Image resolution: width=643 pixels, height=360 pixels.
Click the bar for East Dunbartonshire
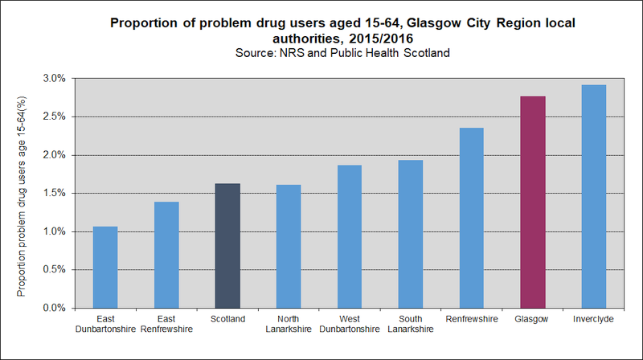[105, 267]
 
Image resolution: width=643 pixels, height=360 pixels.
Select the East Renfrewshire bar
[166, 255]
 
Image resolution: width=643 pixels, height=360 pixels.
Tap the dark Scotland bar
[227, 245]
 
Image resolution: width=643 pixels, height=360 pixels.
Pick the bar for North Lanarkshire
[289, 246]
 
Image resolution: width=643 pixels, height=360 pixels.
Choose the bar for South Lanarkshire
[411, 234]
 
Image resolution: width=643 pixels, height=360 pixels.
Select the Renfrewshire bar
[472, 218]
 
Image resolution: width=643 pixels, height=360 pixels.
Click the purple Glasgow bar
[533, 202]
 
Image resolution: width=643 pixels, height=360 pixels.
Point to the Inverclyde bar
[594, 196]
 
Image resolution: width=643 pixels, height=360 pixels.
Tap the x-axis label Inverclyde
[594, 319]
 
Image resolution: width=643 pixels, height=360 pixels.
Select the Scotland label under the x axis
[227, 319]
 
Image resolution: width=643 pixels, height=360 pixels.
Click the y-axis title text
[22, 193]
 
